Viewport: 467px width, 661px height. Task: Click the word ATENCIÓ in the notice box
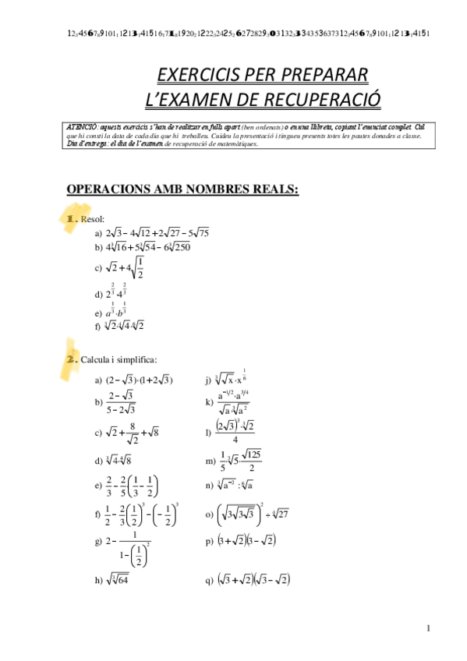click(82, 126)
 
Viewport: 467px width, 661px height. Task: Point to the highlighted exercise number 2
click(69, 359)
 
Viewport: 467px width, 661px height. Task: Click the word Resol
click(93, 220)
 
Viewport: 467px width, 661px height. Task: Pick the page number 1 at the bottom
click(428, 628)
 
